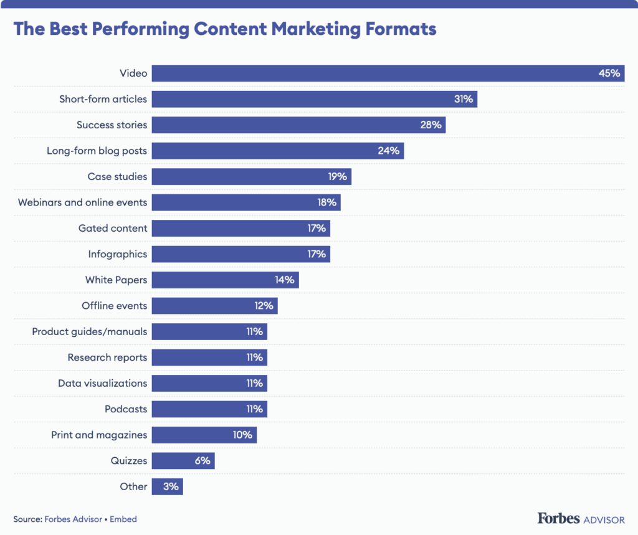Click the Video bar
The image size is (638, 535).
tap(374, 73)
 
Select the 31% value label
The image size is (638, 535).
tap(464, 99)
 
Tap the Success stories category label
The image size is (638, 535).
tap(112, 125)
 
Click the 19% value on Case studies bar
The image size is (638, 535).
tap(337, 176)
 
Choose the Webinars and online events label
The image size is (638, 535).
tap(83, 202)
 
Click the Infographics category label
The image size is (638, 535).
tap(118, 254)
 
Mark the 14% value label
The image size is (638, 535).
tap(285, 280)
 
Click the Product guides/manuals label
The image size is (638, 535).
tap(90, 331)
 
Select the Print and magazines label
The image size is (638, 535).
tap(99, 435)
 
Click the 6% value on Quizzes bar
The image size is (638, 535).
tap(202, 461)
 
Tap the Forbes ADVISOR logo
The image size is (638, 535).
tap(580, 518)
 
